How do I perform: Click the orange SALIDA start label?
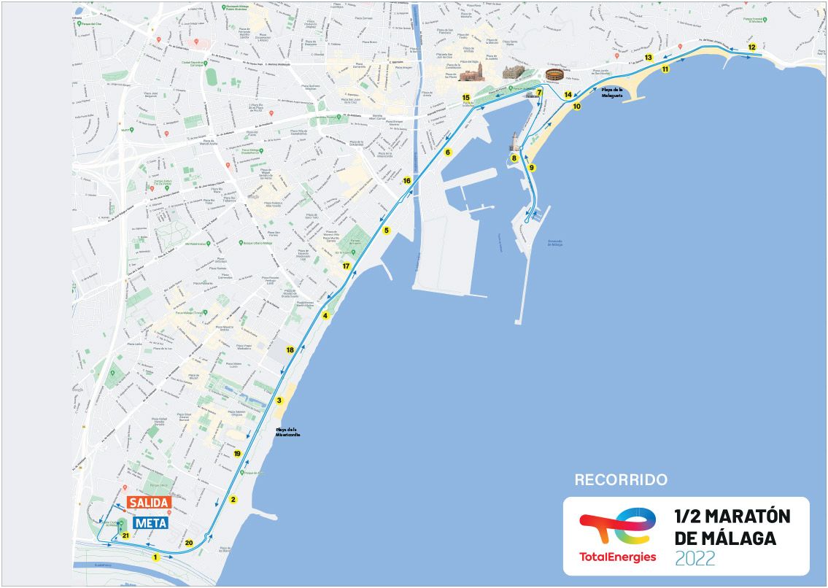[x=148, y=503]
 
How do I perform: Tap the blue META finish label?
[x=148, y=522]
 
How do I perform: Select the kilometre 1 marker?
[x=155, y=557]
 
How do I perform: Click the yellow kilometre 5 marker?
[x=387, y=231]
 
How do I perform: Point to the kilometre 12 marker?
[x=752, y=47]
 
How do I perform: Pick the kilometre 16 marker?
[x=407, y=180]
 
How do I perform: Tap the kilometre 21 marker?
[x=125, y=535]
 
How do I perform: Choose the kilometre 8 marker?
[x=514, y=158]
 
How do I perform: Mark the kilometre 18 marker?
[x=290, y=350]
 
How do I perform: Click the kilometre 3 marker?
[x=279, y=400]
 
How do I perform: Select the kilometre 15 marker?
[x=465, y=97]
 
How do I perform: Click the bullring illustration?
[x=555, y=76]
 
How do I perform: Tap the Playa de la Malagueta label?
[x=611, y=92]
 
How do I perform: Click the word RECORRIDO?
[x=621, y=480]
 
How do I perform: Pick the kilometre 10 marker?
[x=576, y=107]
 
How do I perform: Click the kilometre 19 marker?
[x=237, y=454]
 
